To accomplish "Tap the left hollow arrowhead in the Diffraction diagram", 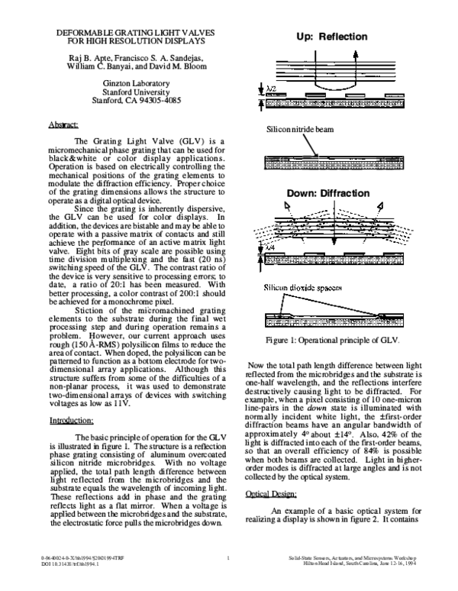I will [x=289, y=204].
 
